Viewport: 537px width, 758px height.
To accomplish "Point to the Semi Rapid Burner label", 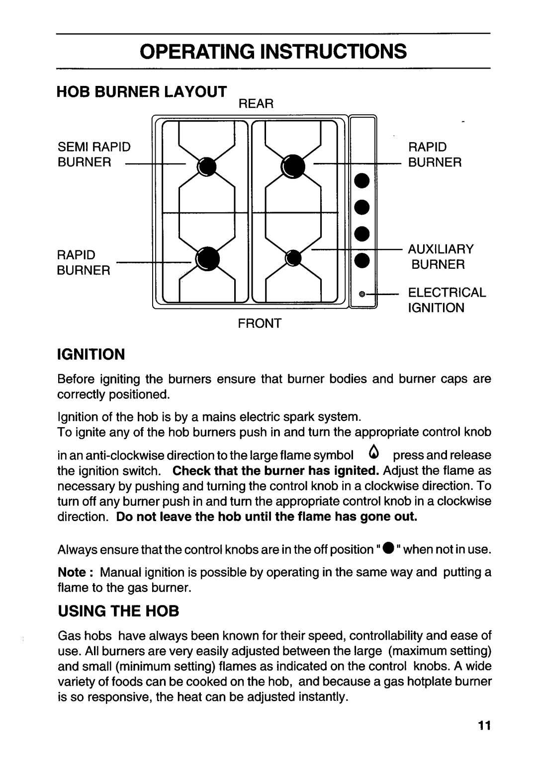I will coord(94,155).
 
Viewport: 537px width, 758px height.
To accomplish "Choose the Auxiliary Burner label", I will coord(442,256).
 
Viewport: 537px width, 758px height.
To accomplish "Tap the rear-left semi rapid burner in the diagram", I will coord(206,167).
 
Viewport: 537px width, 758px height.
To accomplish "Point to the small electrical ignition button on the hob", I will coord(363,294).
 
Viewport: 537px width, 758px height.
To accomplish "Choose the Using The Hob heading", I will coord(118,611).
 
